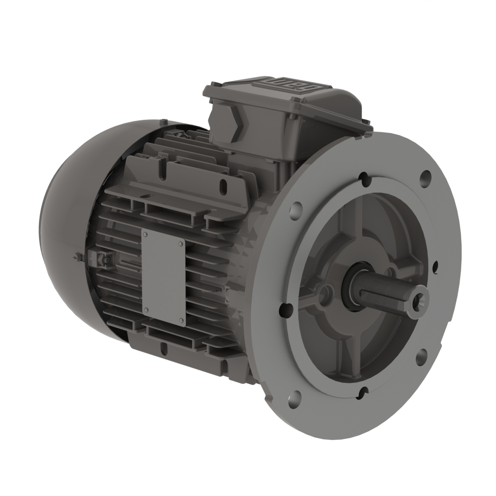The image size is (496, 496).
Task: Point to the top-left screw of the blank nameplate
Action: (x=146, y=235)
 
